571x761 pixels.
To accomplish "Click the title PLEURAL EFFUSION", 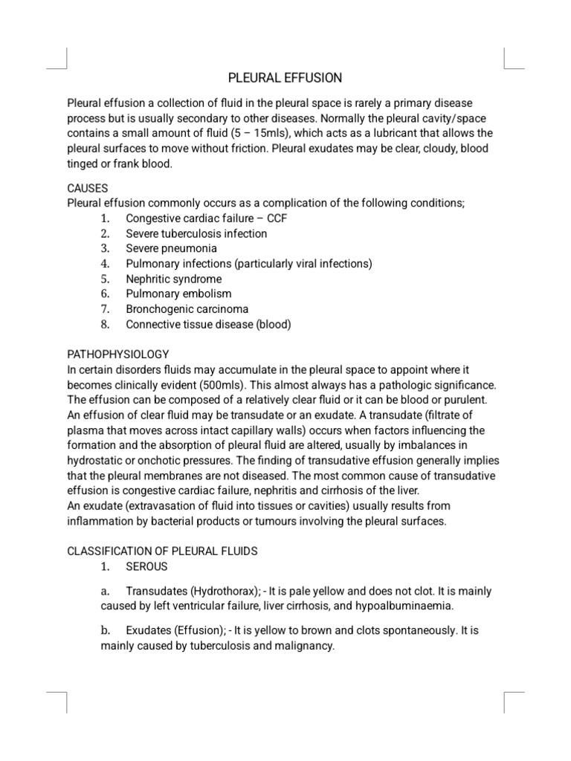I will click(x=285, y=78).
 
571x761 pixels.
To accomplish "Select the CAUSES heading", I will click(x=88, y=189).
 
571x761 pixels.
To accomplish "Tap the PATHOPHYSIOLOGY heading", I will click(x=118, y=354).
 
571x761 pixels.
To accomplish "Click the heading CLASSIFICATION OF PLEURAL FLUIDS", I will click(x=162, y=551).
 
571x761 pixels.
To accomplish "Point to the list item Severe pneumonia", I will click(x=172, y=248).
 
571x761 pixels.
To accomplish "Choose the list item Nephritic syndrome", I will click(x=174, y=279).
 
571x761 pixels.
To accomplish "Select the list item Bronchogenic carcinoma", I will click(x=187, y=308).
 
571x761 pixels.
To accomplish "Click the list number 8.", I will click(x=106, y=324).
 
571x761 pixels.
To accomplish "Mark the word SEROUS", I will click(x=146, y=566).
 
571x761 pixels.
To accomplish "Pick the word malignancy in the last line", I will click(x=303, y=646).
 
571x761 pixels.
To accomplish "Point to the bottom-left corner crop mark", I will click(x=58, y=702).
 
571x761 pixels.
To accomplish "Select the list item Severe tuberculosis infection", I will click(x=196, y=233).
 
